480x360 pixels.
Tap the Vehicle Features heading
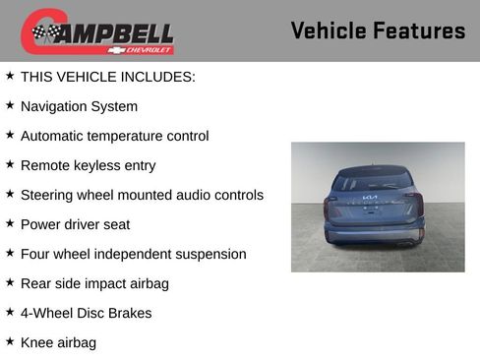tap(378, 31)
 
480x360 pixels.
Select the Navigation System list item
tap(79, 106)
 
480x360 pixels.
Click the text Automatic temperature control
tap(114, 136)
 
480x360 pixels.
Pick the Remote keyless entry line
tap(88, 165)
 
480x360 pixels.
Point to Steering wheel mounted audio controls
tap(142, 195)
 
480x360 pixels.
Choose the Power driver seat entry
tap(75, 224)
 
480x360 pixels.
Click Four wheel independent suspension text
tap(133, 254)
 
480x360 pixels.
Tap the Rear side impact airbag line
tap(94, 283)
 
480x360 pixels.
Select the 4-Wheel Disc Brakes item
tap(86, 313)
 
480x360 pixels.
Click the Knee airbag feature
tap(58, 342)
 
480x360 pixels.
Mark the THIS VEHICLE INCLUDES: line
tap(107, 77)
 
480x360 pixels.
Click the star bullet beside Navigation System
tap(10, 104)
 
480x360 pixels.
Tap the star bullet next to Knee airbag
tap(10, 340)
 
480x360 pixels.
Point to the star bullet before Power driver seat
tap(10, 222)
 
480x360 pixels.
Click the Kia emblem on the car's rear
tap(370, 200)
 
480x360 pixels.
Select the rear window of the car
tap(371, 181)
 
